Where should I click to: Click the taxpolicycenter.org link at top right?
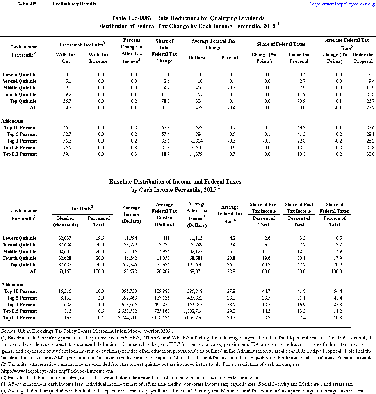click(x=342, y=4)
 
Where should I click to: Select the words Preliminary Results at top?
click(x=74, y=4)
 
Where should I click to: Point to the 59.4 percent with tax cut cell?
click(x=66, y=154)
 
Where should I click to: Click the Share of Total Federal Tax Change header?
click(x=164, y=51)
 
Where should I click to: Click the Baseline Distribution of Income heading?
click(x=175, y=182)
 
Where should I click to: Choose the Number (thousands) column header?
click(x=66, y=221)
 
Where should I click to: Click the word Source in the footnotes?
click(x=8, y=331)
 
